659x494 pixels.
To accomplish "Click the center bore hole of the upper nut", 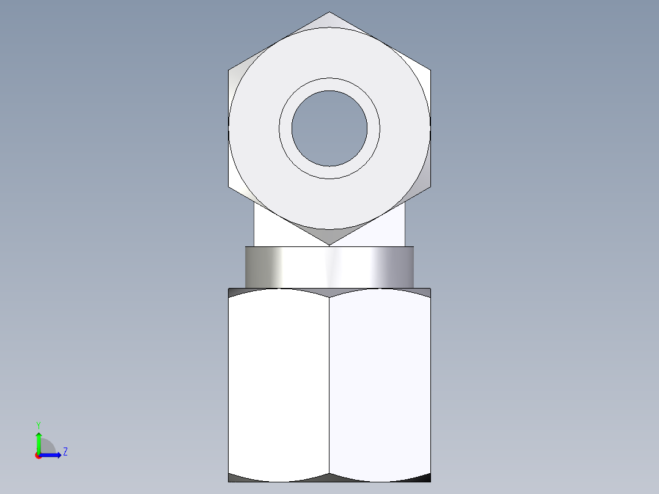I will click(330, 128).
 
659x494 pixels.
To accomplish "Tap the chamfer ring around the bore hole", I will click(330, 84).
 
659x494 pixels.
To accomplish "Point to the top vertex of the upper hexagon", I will click(330, 13).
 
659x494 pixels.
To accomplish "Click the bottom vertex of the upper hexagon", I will click(330, 245).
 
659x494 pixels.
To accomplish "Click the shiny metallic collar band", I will click(330, 267).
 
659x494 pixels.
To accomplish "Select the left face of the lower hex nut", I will click(279, 385).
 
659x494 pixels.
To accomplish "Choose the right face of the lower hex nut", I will click(380, 385).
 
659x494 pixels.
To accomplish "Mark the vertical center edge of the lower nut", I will click(330, 385).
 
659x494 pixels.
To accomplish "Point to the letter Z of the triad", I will click(65, 452).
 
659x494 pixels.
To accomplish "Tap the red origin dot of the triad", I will click(39, 455).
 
